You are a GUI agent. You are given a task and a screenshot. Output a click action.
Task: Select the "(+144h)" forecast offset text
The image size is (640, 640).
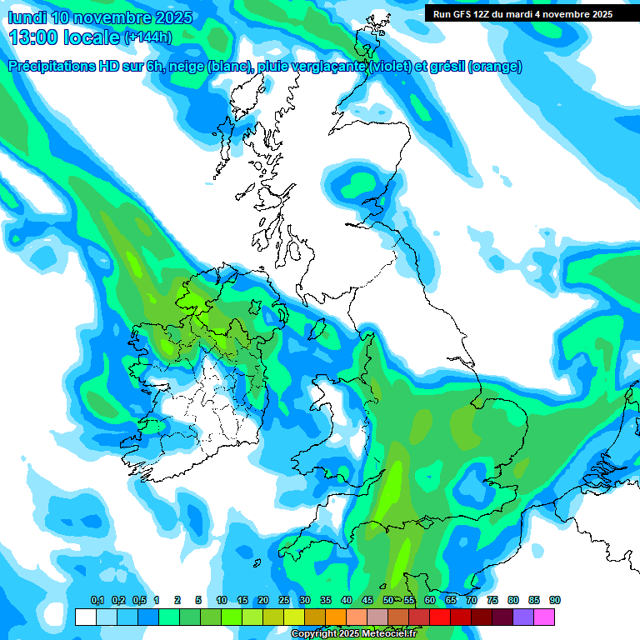pyautogui.click(x=148, y=37)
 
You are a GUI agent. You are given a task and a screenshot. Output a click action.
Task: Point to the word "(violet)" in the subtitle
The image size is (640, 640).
pyautogui.click(x=389, y=67)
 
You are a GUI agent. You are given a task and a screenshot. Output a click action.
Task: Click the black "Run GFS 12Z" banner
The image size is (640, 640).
pyautogui.click(x=522, y=13)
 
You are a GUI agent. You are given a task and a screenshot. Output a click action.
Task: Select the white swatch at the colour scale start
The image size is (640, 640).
pyautogui.click(x=85, y=617)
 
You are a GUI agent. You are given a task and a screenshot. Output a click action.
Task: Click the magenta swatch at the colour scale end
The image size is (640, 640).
pyautogui.click(x=544, y=617)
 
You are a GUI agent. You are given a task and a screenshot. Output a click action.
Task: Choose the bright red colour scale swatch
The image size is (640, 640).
pyautogui.click(x=440, y=617)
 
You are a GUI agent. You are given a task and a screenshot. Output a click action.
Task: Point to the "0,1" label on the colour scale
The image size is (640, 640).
pyautogui.click(x=97, y=601)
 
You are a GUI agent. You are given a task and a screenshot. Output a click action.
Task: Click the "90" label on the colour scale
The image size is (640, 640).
pyautogui.click(x=555, y=601)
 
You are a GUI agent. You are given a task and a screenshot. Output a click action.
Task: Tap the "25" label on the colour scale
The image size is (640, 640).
pyautogui.click(x=284, y=601)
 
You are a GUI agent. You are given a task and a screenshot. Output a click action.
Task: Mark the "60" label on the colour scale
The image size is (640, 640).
pyautogui.click(x=430, y=601)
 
